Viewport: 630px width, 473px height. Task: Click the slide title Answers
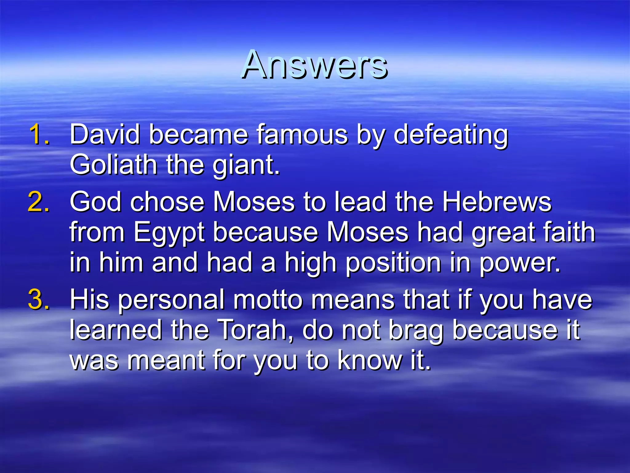click(x=314, y=65)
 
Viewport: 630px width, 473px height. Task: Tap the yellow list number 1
click(x=39, y=134)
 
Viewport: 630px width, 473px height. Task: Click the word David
click(x=105, y=134)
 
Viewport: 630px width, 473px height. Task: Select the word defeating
click(x=451, y=135)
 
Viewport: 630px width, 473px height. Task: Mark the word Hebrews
click(x=497, y=202)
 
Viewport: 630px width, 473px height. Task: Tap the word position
click(x=394, y=263)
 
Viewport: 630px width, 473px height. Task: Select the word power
click(x=520, y=264)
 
